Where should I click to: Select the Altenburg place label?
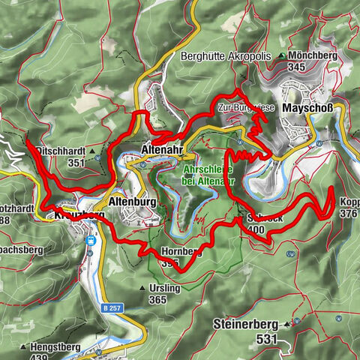tap(131, 202)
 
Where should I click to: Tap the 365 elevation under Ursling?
tap(157, 299)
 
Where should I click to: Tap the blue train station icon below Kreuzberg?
tap(91, 241)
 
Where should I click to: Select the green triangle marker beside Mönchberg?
tap(281, 56)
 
